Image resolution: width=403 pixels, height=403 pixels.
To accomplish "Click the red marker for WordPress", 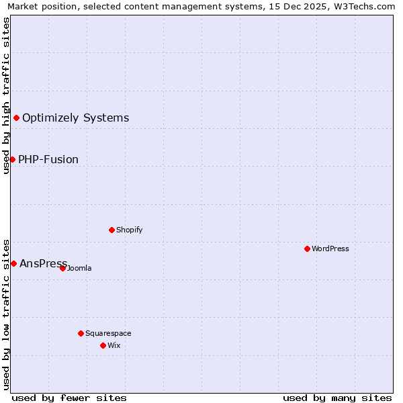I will [x=307, y=249].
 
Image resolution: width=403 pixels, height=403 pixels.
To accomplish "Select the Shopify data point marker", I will [x=111, y=230].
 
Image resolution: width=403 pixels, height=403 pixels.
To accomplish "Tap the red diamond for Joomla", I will [x=62, y=268].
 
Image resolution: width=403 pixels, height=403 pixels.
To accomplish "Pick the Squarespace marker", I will [x=81, y=333].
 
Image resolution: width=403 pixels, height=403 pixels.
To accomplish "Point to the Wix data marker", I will [x=103, y=345].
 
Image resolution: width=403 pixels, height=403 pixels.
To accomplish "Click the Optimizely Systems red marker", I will [x=16, y=118].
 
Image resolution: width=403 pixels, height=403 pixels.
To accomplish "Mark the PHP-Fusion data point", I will [x=12, y=159].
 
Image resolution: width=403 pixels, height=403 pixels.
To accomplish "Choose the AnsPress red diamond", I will [x=13, y=263].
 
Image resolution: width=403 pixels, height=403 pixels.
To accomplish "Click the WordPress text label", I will [x=330, y=249].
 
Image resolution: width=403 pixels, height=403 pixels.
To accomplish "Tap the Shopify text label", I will [x=130, y=230].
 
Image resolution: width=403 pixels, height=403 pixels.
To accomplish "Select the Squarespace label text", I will [x=108, y=333].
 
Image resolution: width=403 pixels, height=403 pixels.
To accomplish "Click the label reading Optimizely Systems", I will [x=75, y=118].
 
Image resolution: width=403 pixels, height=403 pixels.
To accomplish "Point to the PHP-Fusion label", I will [x=48, y=159].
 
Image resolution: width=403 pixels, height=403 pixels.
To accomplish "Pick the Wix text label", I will [x=114, y=345].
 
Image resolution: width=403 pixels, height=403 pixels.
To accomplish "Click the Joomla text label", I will [x=79, y=269].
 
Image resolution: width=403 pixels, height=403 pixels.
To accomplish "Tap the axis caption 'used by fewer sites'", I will [x=69, y=398].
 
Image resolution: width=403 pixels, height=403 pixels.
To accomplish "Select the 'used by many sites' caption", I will [x=337, y=398].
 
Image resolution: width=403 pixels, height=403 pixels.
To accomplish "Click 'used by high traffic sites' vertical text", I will [x=6, y=95].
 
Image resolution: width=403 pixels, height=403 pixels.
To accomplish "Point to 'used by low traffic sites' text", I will [x=6, y=314].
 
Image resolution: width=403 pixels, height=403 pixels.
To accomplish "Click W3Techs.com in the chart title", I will [x=363, y=6].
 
